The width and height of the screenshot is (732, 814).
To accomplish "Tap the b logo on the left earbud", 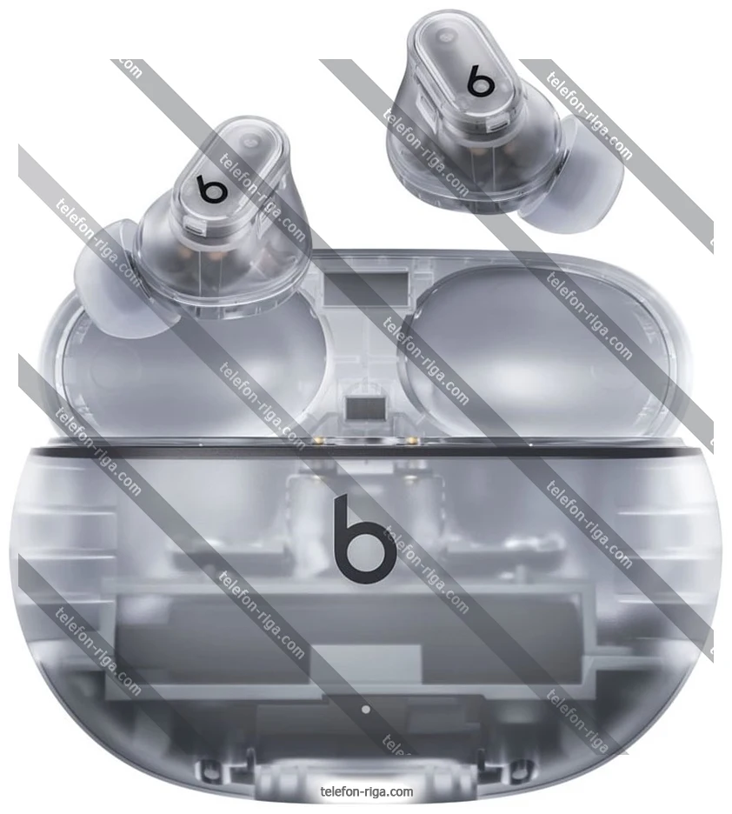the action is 211,190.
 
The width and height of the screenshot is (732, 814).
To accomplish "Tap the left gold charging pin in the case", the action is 316,441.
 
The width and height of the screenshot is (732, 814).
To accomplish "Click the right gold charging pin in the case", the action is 412,441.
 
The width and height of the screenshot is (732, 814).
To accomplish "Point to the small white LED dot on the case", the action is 366,709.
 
